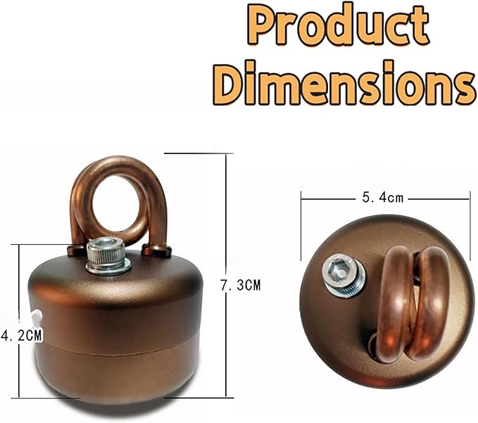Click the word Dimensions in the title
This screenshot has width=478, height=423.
(x=344, y=83)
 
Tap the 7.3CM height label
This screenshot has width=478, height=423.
(x=241, y=285)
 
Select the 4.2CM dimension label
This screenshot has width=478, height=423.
(x=21, y=335)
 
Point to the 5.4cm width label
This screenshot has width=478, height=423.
(x=382, y=198)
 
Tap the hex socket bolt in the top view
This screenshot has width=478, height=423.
(x=343, y=274)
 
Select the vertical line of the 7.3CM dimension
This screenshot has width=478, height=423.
(x=226, y=275)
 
